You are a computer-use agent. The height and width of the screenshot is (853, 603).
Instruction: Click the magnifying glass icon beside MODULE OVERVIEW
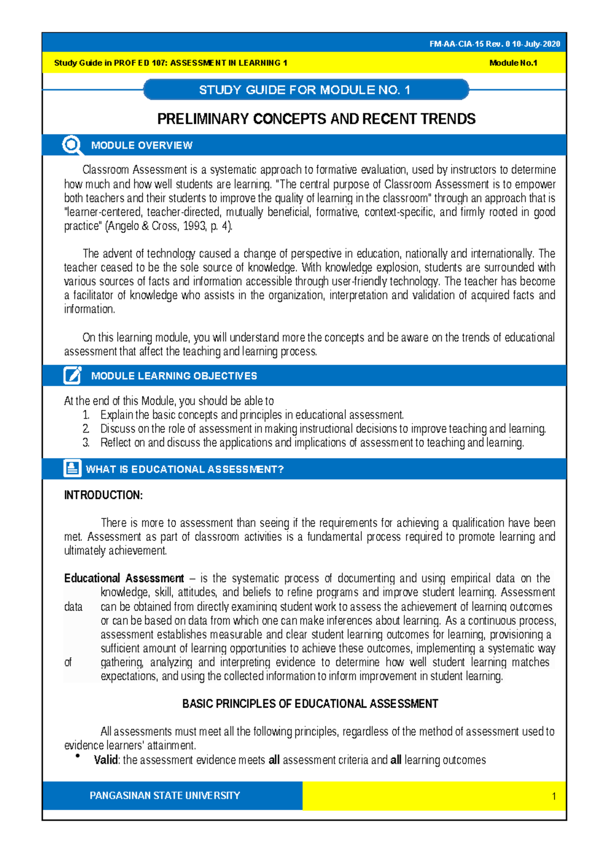(x=72, y=145)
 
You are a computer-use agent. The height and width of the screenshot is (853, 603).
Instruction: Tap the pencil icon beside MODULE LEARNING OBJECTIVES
(x=72, y=376)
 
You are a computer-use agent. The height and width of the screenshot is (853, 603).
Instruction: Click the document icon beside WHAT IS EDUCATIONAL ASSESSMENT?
(x=72, y=468)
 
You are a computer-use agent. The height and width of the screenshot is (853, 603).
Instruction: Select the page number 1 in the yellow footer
(x=554, y=796)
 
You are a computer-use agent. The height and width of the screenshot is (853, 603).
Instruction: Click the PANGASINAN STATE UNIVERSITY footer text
(x=164, y=796)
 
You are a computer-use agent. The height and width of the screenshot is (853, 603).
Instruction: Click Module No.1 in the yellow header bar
(x=513, y=63)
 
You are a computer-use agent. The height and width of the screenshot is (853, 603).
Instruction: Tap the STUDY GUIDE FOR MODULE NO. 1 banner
(x=305, y=90)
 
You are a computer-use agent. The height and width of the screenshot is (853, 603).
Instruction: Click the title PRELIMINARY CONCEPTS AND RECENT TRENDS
(x=316, y=119)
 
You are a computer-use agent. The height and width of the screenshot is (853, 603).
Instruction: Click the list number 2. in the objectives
(x=86, y=429)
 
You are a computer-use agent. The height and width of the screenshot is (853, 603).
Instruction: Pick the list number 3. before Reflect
(x=86, y=443)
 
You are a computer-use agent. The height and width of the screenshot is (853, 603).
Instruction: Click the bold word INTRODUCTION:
(x=103, y=495)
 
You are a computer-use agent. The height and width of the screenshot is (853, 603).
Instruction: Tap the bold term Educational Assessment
(x=124, y=578)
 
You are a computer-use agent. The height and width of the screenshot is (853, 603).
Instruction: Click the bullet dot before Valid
(x=78, y=756)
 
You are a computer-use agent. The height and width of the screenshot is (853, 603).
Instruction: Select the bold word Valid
(x=106, y=760)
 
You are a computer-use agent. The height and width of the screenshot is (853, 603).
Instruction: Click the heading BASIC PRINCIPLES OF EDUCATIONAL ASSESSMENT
(x=310, y=704)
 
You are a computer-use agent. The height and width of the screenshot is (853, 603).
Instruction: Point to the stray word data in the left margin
(x=73, y=607)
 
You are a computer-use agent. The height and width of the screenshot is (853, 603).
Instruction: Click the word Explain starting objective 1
(x=117, y=415)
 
